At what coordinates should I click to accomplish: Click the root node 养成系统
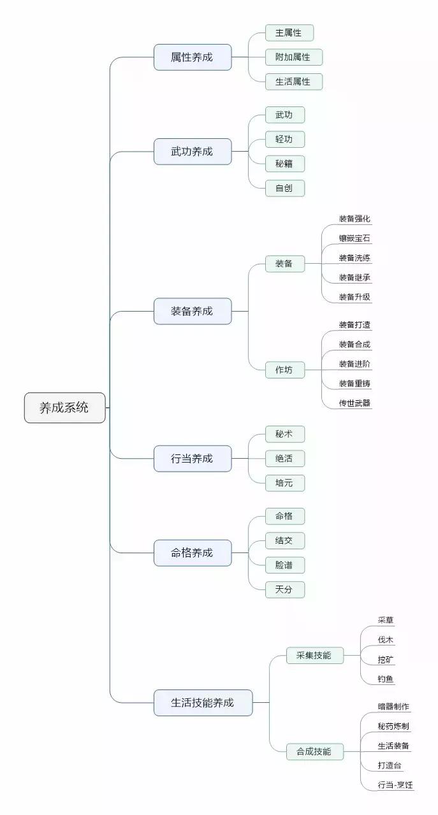pos(64,408)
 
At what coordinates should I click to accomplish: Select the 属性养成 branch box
pos(192,57)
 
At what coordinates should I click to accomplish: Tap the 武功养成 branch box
pos(192,152)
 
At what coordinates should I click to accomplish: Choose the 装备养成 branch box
pos(192,312)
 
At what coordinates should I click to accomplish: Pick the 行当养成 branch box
pos(192,458)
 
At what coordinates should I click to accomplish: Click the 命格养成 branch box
pos(192,553)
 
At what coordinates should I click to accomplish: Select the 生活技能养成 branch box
pos(203,703)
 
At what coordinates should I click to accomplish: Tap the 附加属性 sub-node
pos(293,57)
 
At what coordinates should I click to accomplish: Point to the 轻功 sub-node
pos(284,140)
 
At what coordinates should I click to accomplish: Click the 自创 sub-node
pos(284,188)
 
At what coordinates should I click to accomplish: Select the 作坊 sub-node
pos(284,370)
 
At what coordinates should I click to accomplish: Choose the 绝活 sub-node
pos(284,458)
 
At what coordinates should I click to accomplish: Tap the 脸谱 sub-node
pos(284,565)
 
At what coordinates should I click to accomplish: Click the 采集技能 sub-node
pos(314,655)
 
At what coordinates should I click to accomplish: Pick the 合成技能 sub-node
pos(314,752)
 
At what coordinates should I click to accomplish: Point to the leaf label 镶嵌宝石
pos(354,239)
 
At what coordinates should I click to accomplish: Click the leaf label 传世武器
pos(354,403)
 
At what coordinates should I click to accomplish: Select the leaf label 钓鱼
pos(386,679)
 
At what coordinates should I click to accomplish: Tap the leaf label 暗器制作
pos(393,707)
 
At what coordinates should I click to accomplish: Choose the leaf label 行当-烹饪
pos(395,785)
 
